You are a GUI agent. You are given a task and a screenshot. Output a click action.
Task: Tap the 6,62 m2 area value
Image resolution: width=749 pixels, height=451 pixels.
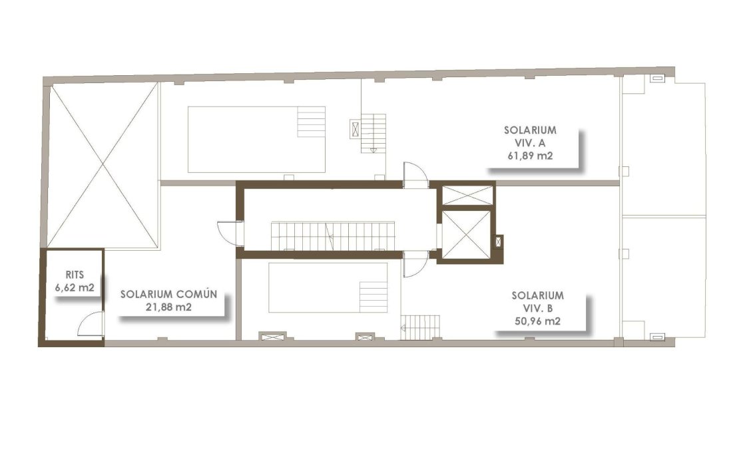click(74, 287)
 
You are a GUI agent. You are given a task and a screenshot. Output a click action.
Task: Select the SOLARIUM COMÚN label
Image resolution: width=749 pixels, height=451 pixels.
click(168, 293)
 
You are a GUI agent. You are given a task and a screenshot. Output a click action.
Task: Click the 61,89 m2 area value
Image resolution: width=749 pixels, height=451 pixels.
click(531, 156)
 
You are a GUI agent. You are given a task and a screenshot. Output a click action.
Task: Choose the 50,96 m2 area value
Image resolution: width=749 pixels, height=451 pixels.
click(537, 321)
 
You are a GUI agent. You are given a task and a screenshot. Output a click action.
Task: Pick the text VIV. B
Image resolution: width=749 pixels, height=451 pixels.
click(538, 308)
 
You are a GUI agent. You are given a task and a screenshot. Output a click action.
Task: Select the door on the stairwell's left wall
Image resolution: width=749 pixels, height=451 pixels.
click(230, 233)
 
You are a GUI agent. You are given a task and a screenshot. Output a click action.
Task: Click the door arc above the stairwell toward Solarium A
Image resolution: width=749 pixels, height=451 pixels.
click(415, 175)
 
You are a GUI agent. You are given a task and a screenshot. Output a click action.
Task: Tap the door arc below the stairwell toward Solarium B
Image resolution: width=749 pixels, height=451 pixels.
click(414, 264)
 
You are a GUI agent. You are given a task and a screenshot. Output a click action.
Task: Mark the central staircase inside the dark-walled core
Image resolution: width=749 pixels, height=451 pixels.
click(332, 236)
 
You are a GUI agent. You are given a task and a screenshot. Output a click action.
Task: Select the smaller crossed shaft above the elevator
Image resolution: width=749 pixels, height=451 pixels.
click(466, 196)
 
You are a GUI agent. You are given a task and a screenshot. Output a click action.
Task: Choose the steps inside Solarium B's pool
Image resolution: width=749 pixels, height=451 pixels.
click(373, 296)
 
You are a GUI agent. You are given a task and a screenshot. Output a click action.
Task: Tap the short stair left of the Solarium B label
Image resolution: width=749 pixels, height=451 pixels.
click(422, 326)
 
